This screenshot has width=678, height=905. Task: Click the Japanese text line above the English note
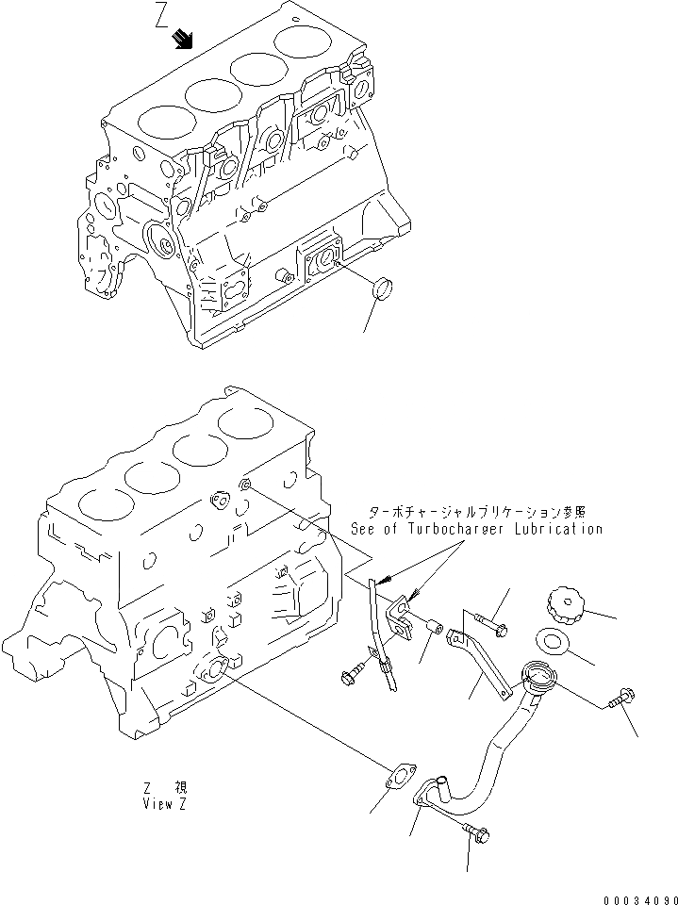(477, 512)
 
